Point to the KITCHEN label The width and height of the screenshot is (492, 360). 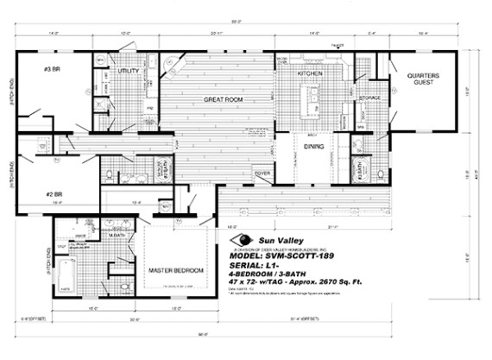310,75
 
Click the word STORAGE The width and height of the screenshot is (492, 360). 369,98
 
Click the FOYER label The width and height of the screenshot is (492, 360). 262,174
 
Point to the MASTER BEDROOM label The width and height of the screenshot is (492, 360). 175,270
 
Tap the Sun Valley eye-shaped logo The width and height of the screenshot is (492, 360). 244,240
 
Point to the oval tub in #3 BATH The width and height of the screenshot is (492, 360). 363,167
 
